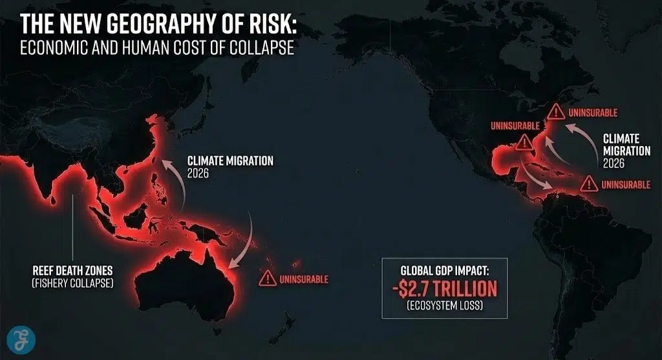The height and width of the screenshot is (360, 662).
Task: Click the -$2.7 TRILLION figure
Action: pyautogui.click(x=444, y=287)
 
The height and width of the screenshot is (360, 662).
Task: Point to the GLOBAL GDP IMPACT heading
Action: pyautogui.click(x=444, y=270)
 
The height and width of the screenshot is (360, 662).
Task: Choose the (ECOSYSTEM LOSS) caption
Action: pyautogui.click(x=444, y=304)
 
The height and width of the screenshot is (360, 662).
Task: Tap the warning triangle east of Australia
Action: pyautogui.click(x=266, y=279)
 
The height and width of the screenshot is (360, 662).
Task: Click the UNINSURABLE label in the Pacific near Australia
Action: pyautogui.click(x=304, y=279)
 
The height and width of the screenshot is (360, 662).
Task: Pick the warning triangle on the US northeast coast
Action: pyautogui.click(x=555, y=112)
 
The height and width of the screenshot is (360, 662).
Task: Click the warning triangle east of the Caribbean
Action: pyautogui.click(x=588, y=184)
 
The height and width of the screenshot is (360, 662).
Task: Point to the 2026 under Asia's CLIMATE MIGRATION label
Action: pyautogui.click(x=200, y=173)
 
